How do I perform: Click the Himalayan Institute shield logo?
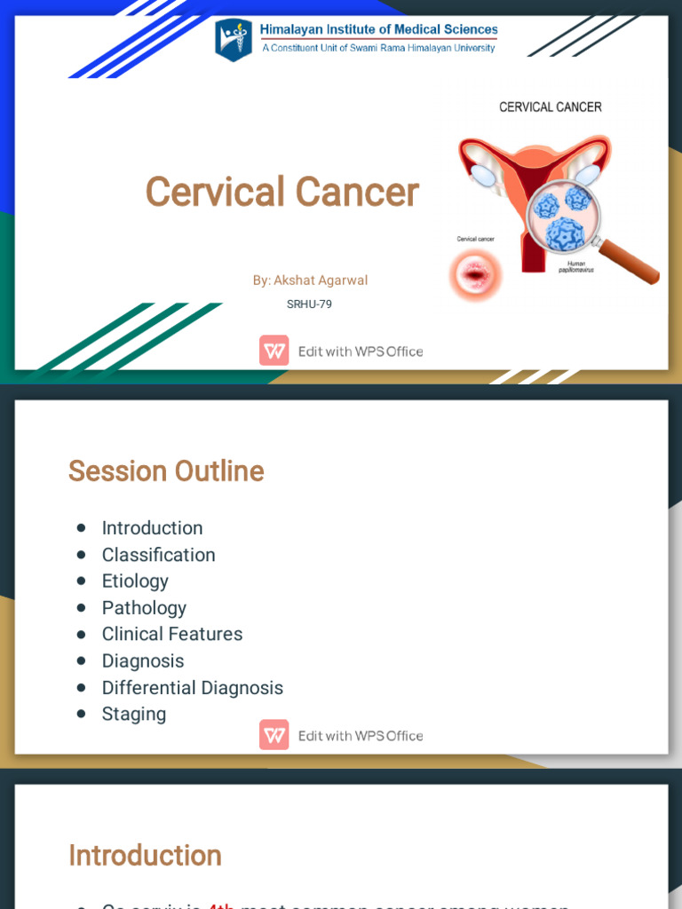[x=234, y=41]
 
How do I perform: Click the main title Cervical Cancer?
[x=282, y=192]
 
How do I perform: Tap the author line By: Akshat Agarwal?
[x=310, y=281]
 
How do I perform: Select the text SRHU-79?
[x=309, y=304]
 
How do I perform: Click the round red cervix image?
[x=477, y=274]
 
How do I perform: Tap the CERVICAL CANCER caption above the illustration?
[x=551, y=107]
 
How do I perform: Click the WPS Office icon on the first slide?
[x=274, y=351]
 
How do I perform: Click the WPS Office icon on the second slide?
[x=274, y=735]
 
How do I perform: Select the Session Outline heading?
[x=166, y=470]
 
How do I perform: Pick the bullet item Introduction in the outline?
[x=152, y=528]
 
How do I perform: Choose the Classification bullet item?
[x=158, y=555]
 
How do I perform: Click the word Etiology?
[x=135, y=581]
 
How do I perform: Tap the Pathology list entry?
[x=144, y=608]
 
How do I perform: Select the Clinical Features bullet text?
[x=171, y=634]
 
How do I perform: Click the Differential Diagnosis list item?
[x=192, y=688]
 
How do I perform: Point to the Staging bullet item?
[x=133, y=714]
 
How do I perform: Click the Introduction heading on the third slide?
[x=145, y=856]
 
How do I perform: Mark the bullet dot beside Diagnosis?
[x=82, y=661]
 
